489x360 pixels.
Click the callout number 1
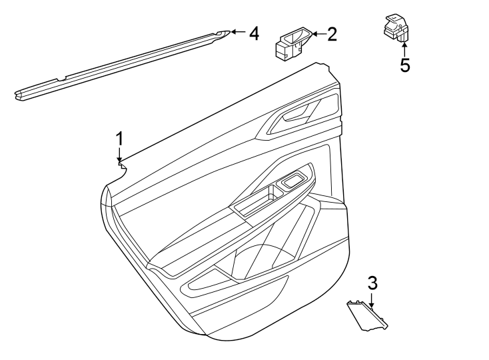point(120,138)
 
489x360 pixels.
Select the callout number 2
point(332,33)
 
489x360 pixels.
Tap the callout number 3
point(372,282)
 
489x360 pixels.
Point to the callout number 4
point(253,33)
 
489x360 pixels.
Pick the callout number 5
point(404,65)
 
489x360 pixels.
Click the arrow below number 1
point(120,155)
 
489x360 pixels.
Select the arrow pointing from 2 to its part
point(318,33)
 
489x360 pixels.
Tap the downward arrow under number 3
point(372,300)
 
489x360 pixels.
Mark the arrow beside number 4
point(237,32)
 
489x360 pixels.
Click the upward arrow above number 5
point(404,48)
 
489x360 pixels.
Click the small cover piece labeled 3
point(366,315)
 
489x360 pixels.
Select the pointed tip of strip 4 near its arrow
point(227,31)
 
